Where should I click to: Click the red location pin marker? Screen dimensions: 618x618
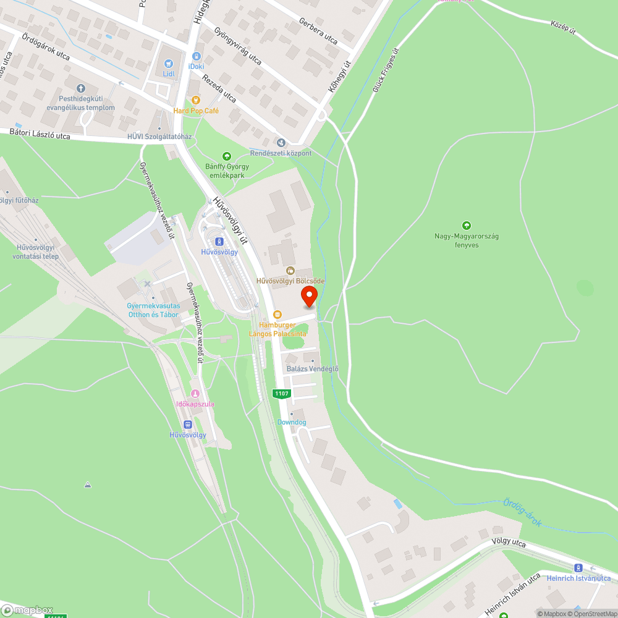[x=308, y=296]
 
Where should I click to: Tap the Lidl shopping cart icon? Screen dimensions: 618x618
[x=169, y=63]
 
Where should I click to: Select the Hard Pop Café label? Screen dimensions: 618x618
[x=196, y=111]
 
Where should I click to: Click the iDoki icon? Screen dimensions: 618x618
[x=197, y=56]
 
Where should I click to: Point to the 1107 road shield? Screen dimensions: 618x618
[x=281, y=393]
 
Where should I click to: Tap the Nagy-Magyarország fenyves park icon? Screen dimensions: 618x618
[x=467, y=226]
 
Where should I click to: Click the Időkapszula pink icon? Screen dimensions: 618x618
[x=195, y=394]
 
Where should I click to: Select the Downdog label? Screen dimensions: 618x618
[x=292, y=422]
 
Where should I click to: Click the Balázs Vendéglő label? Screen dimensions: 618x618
[x=313, y=369]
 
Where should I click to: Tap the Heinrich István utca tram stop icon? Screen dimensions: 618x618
[x=578, y=568]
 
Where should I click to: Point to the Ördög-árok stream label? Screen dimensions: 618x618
[x=522, y=512]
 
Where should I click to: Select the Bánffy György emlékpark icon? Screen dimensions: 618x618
[x=227, y=156]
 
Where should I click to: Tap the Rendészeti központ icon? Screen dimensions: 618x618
[x=281, y=142]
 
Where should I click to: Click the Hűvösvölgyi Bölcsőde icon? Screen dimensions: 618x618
[x=290, y=270]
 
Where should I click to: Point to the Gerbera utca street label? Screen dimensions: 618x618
[x=319, y=32]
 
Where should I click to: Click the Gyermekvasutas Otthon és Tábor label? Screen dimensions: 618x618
[x=153, y=310]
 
